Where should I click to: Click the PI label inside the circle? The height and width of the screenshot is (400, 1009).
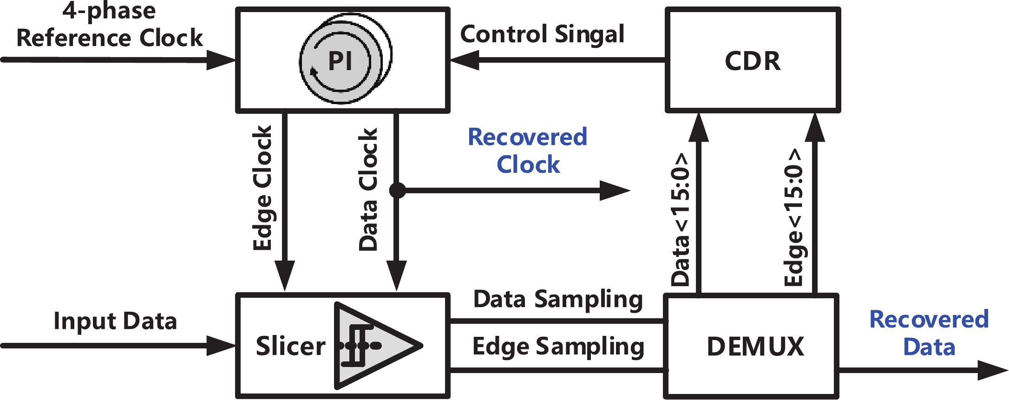(340, 61)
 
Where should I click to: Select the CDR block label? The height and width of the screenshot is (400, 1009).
(753, 61)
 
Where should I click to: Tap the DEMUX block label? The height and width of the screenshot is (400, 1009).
(755, 347)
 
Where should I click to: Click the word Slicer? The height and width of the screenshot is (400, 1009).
(290, 347)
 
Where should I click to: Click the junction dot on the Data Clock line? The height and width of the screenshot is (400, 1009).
(397, 190)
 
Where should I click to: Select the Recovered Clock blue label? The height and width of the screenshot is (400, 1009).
(528, 151)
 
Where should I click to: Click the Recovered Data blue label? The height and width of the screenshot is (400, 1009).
(929, 333)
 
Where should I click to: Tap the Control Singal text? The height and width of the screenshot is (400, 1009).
(542, 34)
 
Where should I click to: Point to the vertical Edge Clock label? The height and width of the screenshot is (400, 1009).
(262, 188)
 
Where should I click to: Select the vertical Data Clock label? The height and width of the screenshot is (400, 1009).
(368, 190)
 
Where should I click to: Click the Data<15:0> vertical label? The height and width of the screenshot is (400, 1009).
(681, 219)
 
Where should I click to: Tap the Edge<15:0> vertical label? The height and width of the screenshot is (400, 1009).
(793, 217)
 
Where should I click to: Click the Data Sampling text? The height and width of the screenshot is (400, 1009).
(558, 299)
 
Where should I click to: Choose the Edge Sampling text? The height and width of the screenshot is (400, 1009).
(558, 347)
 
